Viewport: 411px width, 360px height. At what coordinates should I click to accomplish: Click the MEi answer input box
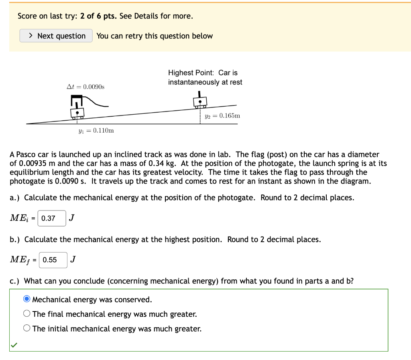click(52, 218)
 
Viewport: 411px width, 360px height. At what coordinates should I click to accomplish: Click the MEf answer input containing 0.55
click(53, 260)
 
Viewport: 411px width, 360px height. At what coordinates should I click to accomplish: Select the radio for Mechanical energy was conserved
click(27, 299)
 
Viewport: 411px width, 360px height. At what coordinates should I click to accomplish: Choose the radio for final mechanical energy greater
click(27, 314)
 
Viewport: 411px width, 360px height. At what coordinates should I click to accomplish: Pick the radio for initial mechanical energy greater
click(27, 329)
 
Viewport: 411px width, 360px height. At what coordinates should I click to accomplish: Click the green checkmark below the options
click(14, 345)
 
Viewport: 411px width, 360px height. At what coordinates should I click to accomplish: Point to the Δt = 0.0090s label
click(85, 87)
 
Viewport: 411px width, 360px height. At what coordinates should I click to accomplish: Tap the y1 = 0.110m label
click(96, 131)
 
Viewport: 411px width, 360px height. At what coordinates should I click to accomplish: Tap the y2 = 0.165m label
click(222, 116)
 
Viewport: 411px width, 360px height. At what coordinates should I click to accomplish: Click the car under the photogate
click(77, 113)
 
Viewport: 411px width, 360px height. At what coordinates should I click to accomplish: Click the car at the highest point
click(200, 102)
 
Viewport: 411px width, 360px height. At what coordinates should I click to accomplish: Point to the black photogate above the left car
click(76, 99)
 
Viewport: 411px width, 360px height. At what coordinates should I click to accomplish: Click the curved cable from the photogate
click(96, 103)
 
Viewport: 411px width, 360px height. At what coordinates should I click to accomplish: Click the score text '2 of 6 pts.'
click(99, 16)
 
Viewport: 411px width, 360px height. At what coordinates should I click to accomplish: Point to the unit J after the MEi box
click(71, 218)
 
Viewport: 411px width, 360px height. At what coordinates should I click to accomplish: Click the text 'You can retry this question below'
click(155, 36)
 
